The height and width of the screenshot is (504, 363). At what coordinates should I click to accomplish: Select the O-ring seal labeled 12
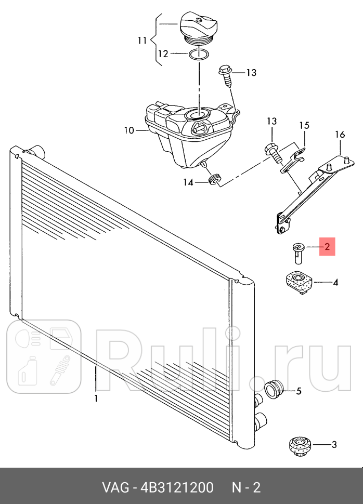click(x=199, y=55)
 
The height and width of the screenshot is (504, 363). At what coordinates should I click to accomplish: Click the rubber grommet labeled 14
click(x=215, y=179)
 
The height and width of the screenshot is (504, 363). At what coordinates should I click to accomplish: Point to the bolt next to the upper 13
click(x=225, y=77)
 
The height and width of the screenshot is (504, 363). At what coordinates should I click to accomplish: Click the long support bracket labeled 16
click(x=315, y=193)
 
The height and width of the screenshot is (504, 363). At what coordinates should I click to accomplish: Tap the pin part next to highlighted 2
click(x=298, y=254)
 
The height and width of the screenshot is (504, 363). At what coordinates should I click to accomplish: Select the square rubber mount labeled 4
click(x=299, y=283)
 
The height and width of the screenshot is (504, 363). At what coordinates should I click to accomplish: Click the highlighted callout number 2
click(x=327, y=246)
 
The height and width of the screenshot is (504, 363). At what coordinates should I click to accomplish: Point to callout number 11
click(x=142, y=41)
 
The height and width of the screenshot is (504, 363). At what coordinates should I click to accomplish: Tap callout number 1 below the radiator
click(x=96, y=399)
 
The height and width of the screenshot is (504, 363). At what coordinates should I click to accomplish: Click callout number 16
click(x=340, y=134)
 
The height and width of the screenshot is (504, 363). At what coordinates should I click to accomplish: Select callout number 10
click(x=129, y=130)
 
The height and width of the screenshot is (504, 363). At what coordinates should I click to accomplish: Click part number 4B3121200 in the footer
click(x=177, y=487)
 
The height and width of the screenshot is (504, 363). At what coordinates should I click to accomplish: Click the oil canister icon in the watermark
click(x=28, y=370)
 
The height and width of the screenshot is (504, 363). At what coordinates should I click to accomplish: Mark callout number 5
click(x=299, y=391)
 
